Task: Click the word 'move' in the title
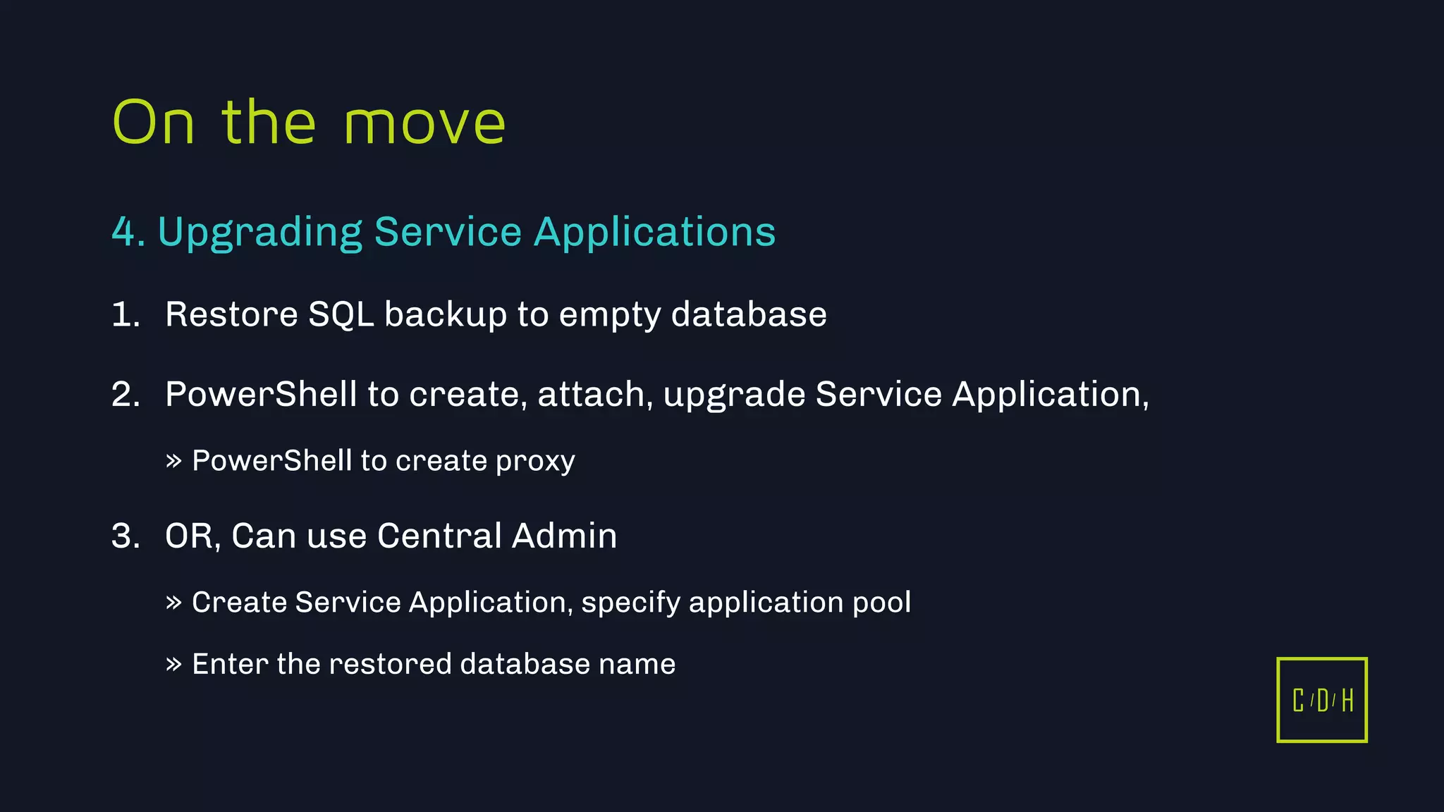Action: point(424,124)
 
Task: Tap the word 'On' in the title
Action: point(153,123)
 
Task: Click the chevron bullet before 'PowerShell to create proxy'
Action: point(173,462)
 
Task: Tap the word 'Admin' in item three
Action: point(564,536)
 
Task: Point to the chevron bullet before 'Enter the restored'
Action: point(173,664)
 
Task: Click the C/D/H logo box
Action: point(1321,700)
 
